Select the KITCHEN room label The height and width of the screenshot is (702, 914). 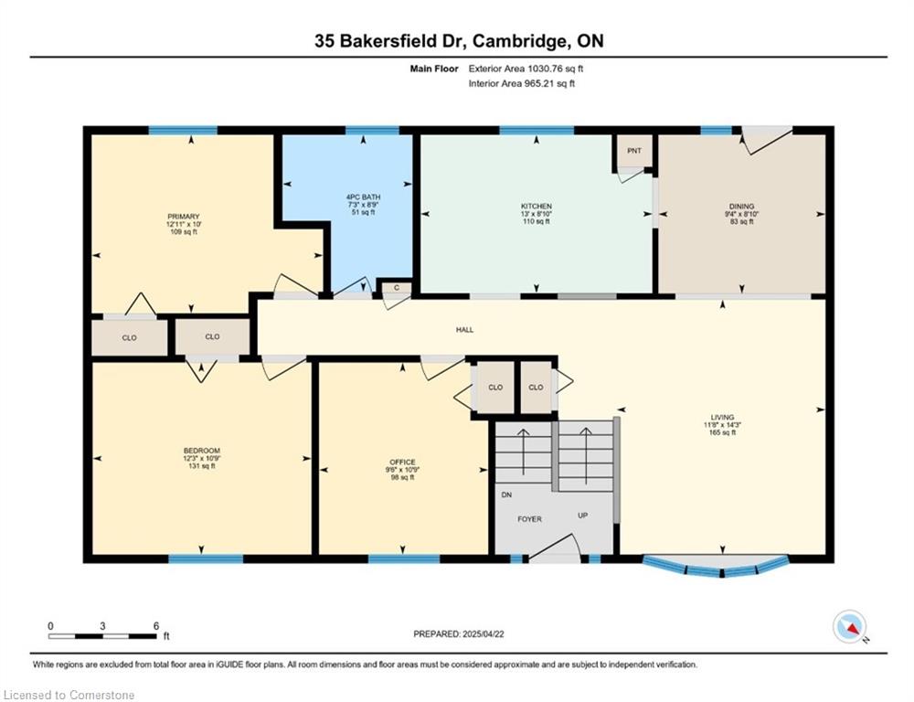(x=537, y=207)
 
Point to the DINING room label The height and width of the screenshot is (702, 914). (x=741, y=207)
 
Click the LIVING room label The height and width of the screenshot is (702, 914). (x=722, y=418)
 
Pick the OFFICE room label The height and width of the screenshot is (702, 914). (x=402, y=463)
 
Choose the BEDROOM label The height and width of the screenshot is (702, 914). (x=202, y=451)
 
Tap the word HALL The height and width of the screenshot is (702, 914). (x=464, y=330)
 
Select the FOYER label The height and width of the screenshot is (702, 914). (x=529, y=519)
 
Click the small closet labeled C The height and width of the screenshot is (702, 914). (x=397, y=287)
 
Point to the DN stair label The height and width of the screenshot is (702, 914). (x=506, y=495)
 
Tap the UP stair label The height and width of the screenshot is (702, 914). (x=582, y=516)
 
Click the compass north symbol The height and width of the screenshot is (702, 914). (x=849, y=627)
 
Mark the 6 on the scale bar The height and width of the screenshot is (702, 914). (x=156, y=625)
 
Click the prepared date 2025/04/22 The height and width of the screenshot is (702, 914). (x=484, y=633)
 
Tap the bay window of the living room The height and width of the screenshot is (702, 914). (x=716, y=567)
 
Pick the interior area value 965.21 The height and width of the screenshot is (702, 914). (x=542, y=83)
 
